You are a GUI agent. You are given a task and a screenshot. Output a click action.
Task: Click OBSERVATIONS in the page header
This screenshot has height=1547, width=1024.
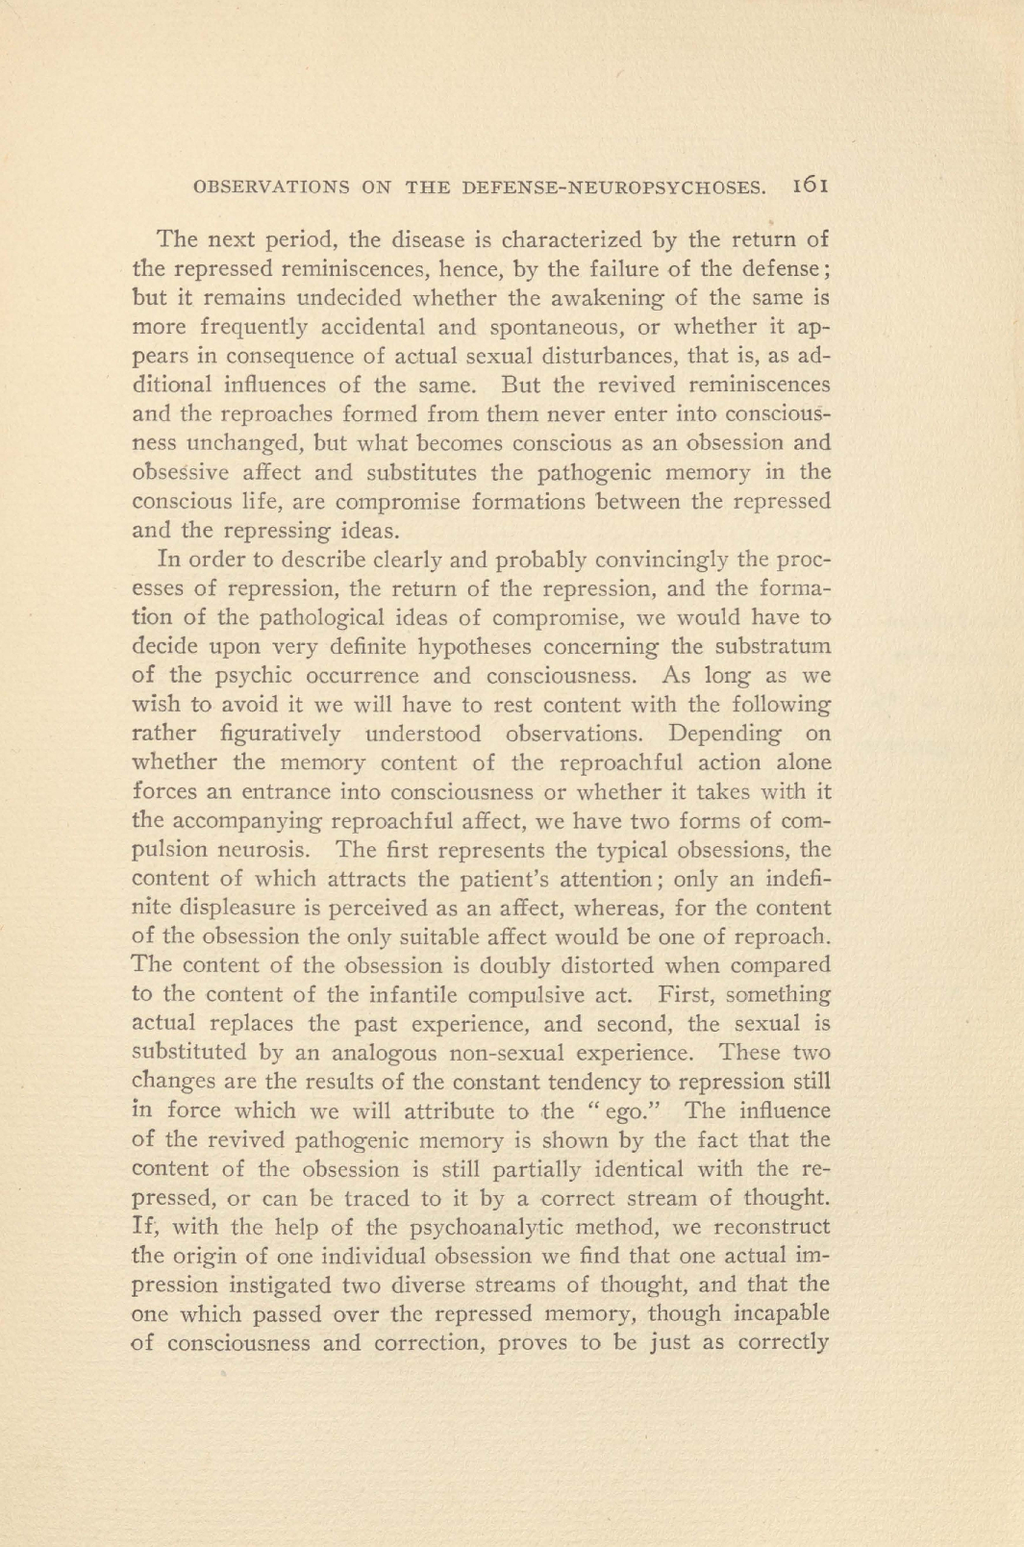(271, 187)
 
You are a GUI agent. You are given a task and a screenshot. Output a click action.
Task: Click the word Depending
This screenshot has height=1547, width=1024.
(725, 734)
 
